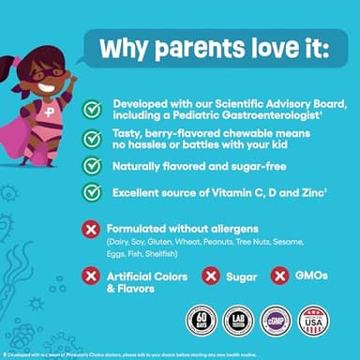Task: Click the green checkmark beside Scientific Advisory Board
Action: [x=92, y=110]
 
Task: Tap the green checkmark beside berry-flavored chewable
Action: [x=92, y=139]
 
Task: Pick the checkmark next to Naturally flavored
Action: [x=92, y=165]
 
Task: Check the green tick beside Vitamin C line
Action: [x=92, y=191]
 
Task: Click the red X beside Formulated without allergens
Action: [x=92, y=230]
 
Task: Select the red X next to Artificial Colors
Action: [x=92, y=276]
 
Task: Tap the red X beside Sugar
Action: [x=211, y=276]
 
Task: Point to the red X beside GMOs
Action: [x=279, y=276]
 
